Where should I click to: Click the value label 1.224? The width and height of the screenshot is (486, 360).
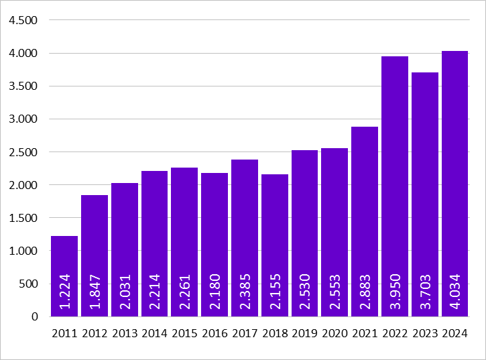(x=64, y=292)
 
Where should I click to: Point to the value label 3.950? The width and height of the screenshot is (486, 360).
(x=395, y=292)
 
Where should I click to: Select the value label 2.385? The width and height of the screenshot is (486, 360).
(x=245, y=292)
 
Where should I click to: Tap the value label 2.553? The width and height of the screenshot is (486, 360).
(x=335, y=292)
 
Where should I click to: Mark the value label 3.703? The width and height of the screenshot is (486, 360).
(x=425, y=292)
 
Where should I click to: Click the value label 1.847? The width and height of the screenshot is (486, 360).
(x=95, y=292)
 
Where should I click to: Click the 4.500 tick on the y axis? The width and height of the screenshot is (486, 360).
(x=23, y=20)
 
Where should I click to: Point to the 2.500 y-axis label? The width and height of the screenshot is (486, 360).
(x=23, y=152)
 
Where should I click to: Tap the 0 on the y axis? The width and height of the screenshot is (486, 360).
(x=36, y=317)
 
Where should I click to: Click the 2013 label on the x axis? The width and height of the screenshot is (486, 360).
(x=125, y=333)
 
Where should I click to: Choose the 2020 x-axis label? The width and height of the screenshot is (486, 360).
(x=335, y=333)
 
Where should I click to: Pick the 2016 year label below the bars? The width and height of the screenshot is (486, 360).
(x=215, y=333)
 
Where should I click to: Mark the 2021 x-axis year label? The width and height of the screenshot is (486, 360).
(x=365, y=333)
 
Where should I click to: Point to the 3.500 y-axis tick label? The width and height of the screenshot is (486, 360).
(x=23, y=86)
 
